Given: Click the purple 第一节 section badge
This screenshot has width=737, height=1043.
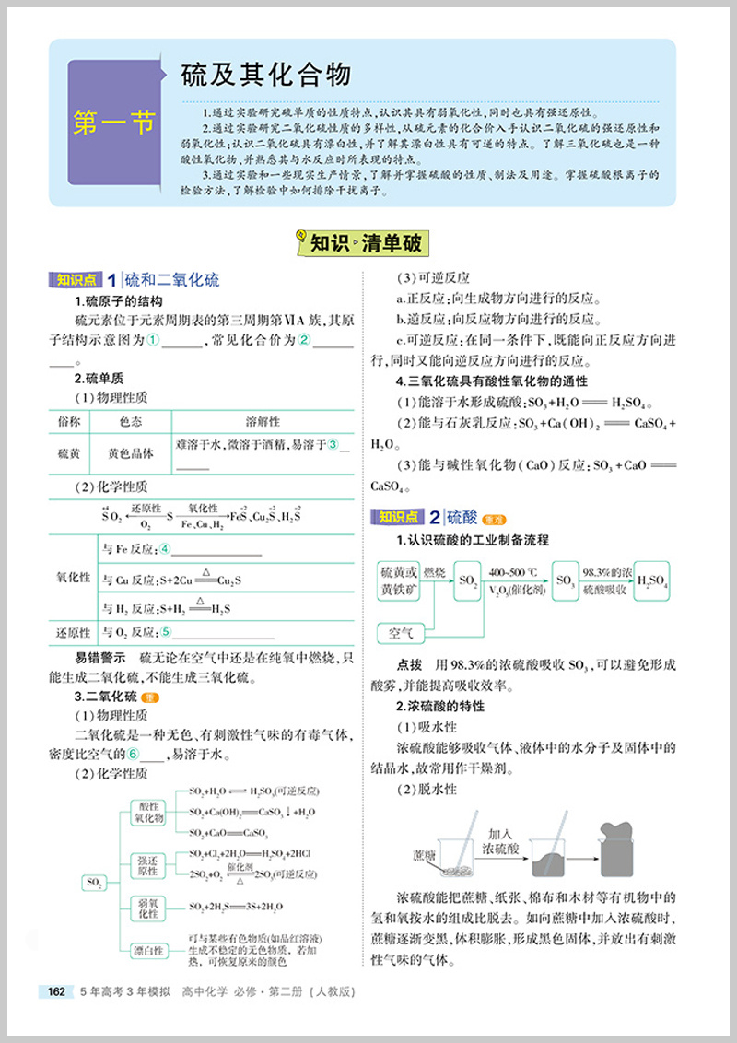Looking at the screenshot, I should point(114,123).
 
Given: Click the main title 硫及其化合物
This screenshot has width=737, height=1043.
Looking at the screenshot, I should point(253,75).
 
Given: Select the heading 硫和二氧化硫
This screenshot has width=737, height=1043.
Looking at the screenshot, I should point(172,281).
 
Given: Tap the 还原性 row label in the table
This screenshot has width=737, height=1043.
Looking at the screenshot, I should point(74,632).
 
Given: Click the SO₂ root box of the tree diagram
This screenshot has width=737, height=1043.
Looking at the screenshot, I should point(95,882).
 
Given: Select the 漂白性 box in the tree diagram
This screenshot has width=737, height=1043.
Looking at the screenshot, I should point(147,949).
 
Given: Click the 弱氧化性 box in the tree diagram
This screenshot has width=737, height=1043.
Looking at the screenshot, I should point(147,908).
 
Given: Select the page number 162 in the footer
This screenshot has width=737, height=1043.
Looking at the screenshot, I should point(56,991).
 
